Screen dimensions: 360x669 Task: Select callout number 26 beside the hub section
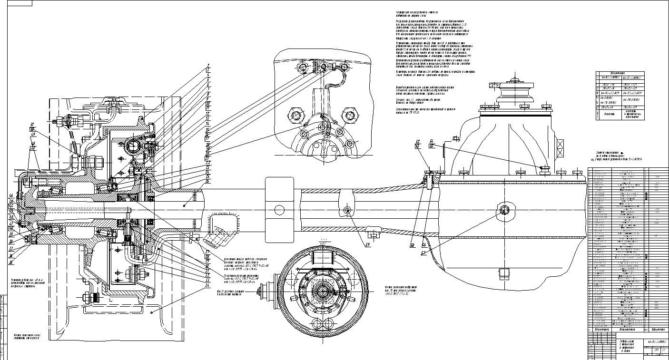(208, 181)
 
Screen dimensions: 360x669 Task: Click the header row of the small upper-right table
(620, 74)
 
